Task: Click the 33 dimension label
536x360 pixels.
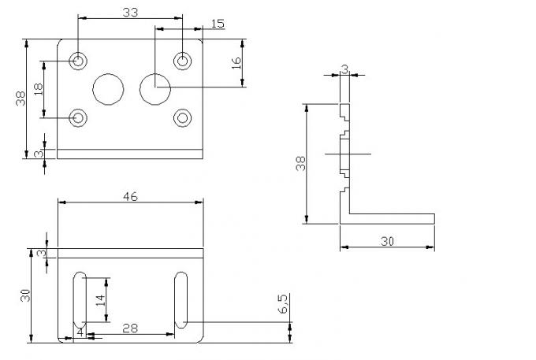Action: [x=131, y=11]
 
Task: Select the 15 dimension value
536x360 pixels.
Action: [x=218, y=24]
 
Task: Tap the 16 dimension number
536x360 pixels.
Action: [x=236, y=63]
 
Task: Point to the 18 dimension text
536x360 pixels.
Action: [x=38, y=90]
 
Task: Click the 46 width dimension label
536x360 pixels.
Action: [x=130, y=196]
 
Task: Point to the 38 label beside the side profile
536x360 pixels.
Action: [x=300, y=164]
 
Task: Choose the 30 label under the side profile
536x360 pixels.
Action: [x=386, y=242]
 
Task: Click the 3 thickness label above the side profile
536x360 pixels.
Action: [x=344, y=69]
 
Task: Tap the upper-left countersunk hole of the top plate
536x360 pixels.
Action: [x=79, y=61]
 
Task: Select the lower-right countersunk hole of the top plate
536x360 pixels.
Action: [x=183, y=117]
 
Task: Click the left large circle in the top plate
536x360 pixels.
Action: [x=107, y=89]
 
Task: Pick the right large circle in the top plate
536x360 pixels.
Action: [x=155, y=89]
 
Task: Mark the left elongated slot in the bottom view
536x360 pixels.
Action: [x=80, y=301]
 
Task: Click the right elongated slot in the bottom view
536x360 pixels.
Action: [x=181, y=301]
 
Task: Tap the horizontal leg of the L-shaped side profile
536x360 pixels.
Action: [x=390, y=218]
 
